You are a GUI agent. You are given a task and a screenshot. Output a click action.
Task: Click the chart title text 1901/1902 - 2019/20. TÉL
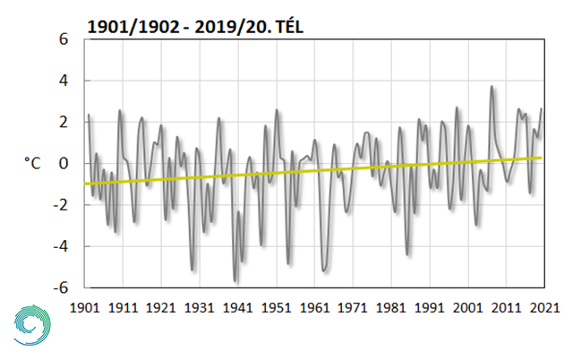pyautogui.click(x=196, y=27)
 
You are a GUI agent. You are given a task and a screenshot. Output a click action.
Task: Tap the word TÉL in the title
pyautogui.click(x=286, y=27)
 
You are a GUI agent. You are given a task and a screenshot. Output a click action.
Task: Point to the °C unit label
pyautogui.click(x=31, y=164)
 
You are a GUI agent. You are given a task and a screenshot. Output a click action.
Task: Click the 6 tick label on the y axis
pyautogui.click(x=63, y=40)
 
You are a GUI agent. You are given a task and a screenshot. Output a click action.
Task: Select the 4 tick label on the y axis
pyautogui.click(x=63, y=81)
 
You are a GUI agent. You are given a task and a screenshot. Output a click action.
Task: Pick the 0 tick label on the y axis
pyautogui.click(x=63, y=164)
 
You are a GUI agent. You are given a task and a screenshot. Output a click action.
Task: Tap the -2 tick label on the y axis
pyautogui.click(x=59, y=205)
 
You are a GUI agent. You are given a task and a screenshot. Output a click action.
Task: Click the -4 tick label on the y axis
pyautogui.click(x=59, y=247)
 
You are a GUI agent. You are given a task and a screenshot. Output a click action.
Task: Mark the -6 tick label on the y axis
pyautogui.click(x=59, y=288)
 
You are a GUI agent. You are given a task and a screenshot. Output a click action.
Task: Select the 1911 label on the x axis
pyautogui.click(x=124, y=307)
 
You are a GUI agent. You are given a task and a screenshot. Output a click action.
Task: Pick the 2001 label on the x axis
pyautogui.click(x=467, y=307)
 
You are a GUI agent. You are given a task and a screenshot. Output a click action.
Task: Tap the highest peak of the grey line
pyautogui.click(x=492, y=87)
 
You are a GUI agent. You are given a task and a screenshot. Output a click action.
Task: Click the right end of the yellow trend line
pyautogui.click(x=542, y=158)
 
